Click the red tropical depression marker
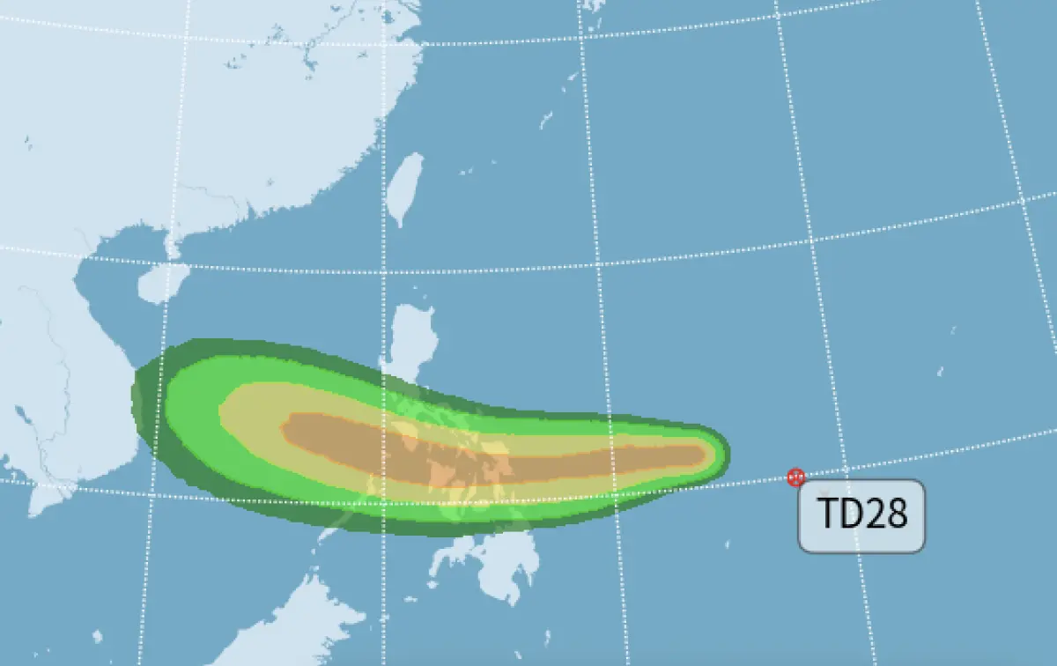point(796,477)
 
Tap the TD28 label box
point(861,516)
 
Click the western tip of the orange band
point(285,428)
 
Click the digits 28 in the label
point(885,515)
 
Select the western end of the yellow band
point(222,410)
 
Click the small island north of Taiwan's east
point(546,119)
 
